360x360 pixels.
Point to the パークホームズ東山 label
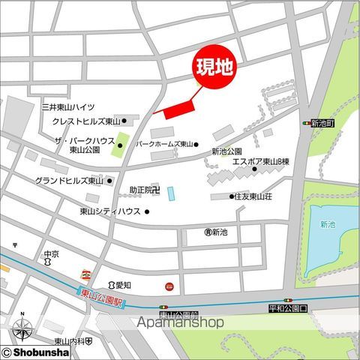(164, 144)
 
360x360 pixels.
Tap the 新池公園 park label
(228, 151)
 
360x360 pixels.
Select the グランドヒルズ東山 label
(69, 181)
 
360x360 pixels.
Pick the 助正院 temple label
(144, 190)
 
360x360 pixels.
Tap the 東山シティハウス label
(110, 211)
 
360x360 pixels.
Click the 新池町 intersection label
(322, 122)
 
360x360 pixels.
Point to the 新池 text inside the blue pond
(327, 224)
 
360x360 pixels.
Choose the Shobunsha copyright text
(37, 352)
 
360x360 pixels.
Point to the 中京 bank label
(51, 253)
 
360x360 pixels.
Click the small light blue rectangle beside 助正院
(170, 193)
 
